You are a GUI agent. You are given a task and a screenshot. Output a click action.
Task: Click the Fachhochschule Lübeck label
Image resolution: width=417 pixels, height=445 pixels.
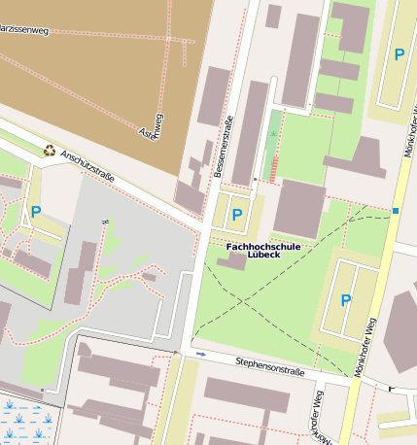click(263, 252)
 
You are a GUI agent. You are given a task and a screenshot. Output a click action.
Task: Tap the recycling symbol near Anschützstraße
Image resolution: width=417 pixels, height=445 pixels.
click(49, 150)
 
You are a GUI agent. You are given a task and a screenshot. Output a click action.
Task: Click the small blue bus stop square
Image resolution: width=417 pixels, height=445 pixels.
click(396, 211)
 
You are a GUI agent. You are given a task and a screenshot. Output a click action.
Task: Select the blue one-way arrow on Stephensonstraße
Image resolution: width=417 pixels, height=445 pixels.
click(201, 355)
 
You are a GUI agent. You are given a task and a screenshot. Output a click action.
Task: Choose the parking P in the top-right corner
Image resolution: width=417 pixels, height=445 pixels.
click(399, 55)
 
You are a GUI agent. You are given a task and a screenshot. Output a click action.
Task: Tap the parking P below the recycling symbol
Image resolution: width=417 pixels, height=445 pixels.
click(36, 211)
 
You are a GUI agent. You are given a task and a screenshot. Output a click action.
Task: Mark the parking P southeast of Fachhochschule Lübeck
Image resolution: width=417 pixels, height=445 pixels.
click(345, 300)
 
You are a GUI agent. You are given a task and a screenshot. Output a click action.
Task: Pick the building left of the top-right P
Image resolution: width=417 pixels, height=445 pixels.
click(350, 26)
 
